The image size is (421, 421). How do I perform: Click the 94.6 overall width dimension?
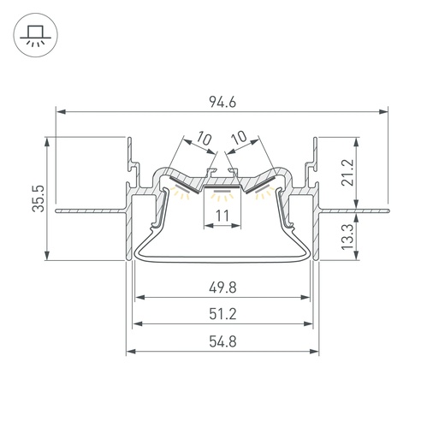(222, 102)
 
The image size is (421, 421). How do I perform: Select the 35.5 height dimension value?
(39, 199)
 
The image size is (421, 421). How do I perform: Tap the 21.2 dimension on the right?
(347, 173)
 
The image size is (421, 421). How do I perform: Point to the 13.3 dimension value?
(347, 236)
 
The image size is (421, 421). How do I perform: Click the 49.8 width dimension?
(222, 288)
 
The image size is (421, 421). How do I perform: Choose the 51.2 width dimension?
(222, 314)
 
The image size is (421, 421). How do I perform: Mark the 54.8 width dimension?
(222, 341)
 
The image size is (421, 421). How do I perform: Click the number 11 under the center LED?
(222, 216)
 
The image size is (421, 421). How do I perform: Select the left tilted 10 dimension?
(205, 138)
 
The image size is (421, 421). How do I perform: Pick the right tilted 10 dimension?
(239, 138)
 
